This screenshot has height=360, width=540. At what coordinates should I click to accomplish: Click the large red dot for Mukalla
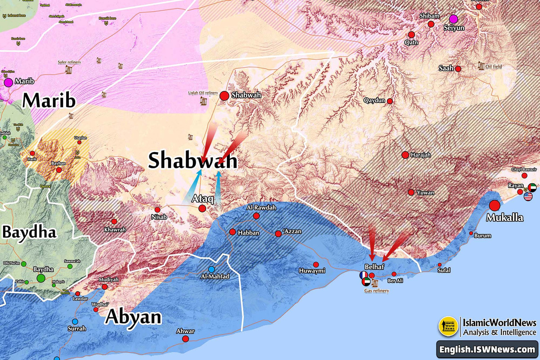pyautogui.click(x=495, y=206)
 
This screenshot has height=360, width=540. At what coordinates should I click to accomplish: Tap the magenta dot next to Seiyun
pyautogui.click(x=453, y=18)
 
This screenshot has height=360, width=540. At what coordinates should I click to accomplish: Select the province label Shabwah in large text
pyautogui.click(x=193, y=161)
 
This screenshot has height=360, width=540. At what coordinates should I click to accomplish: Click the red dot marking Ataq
pyautogui.click(x=202, y=208)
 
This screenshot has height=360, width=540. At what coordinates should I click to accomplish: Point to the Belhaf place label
pyautogui.click(x=373, y=266)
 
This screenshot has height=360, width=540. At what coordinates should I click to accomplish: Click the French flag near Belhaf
pyautogui.click(x=363, y=275)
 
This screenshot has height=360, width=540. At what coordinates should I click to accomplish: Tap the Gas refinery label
pyautogui.click(x=377, y=291)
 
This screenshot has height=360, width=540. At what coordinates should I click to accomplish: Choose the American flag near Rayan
pyautogui.click(x=528, y=196)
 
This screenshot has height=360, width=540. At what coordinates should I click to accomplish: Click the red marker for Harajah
pyautogui.click(x=405, y=155)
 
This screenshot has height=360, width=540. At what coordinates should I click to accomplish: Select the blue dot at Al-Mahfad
pyautogui.click(x=211, y=269)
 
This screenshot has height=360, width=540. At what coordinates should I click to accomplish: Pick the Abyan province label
pyautogui.click(x=134, y=317)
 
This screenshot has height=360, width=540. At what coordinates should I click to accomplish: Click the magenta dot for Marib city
pyautogui.click(x=8, y=82)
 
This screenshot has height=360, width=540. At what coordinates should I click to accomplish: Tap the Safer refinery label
pyautogui.click(x=69, y=62)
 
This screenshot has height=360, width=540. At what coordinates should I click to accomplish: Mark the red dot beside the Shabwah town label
pyautogui.click(x=224, y=95)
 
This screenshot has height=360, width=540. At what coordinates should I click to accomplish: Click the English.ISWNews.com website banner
pyautogui.click(x=487, y=350)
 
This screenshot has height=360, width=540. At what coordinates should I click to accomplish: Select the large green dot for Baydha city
pyautogui.click(x=41, y=278)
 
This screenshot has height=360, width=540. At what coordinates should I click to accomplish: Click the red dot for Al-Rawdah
pyautogui.click(x=256, y=216)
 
